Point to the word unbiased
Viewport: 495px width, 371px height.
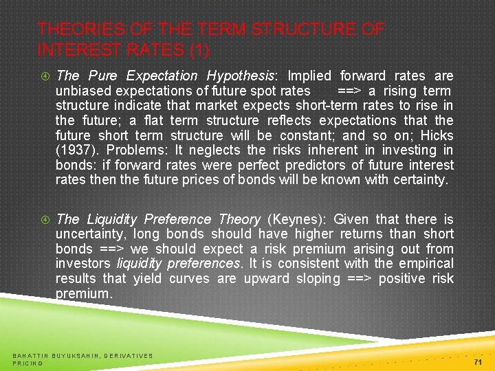point(82,91)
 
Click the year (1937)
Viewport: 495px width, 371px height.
point(77,150)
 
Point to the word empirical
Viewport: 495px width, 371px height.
point(427,263)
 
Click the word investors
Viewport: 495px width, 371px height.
point(83,263)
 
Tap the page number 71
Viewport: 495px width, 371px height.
point(478,361)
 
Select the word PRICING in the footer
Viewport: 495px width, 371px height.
point(28,363)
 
